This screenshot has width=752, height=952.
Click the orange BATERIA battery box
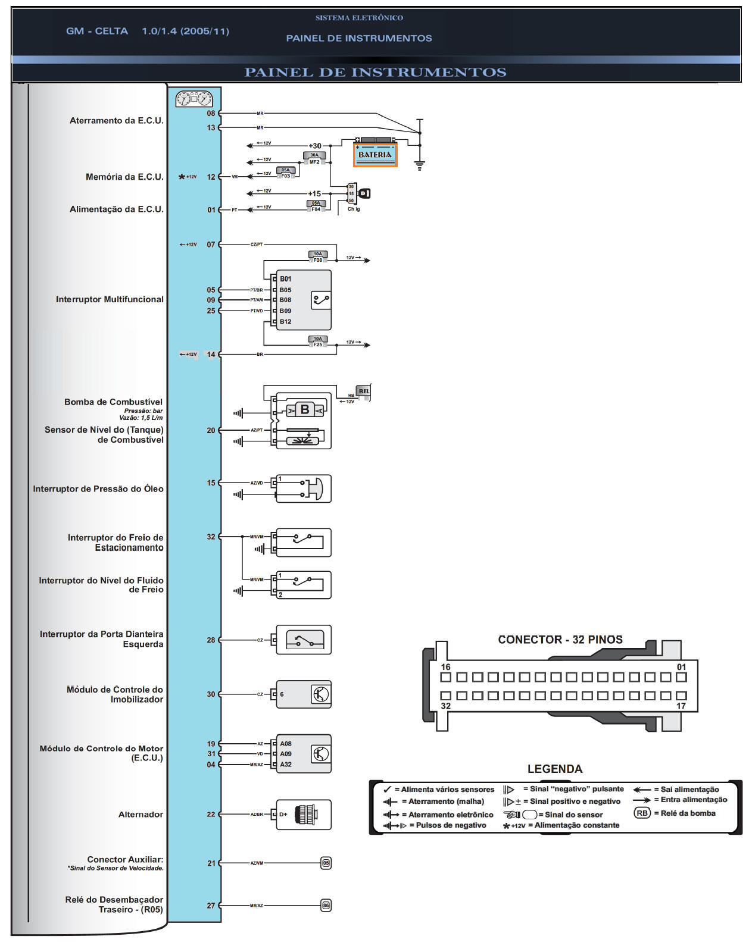(x=375, y=155)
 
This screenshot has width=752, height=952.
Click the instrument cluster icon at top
(x=194, y=98)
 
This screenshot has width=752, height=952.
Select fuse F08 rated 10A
(x=318, y=257)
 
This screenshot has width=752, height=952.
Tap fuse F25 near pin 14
(x=318, y=342)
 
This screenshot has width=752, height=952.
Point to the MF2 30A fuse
(x=314, y=158)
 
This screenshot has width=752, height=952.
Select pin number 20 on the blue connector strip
(x=211, y=430)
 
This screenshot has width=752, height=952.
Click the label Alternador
(x=141, y=815)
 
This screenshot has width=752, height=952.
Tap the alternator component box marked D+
(x=303, y=815)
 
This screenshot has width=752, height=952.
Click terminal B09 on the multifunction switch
(x=285, y=311)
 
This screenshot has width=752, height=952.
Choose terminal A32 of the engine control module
(x=286, y=765)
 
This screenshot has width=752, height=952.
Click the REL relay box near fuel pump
(x=363, y=391)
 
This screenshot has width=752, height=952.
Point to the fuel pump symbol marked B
(x=305, y=409)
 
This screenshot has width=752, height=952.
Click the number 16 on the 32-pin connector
(x=445, y=667)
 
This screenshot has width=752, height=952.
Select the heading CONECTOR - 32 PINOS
(x=560, y=640)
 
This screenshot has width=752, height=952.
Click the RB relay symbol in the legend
(x=642, y=813)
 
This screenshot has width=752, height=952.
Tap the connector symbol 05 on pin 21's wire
(x=326, y=863)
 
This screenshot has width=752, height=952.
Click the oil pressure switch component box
(x=303, y=489)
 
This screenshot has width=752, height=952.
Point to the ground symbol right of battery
(x=420, y=165)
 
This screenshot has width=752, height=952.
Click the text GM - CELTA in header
(x=97, y=31)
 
